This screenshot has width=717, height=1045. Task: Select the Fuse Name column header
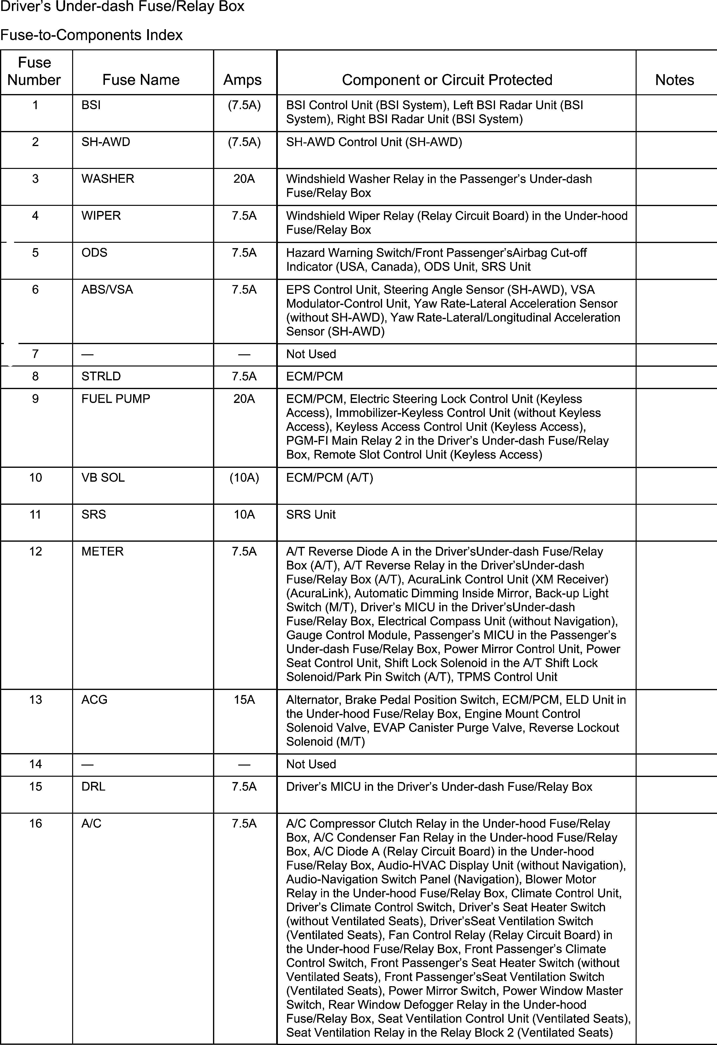tap(141, 80)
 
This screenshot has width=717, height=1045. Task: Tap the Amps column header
tap(242, 80)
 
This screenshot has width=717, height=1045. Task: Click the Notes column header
tap(674, 80)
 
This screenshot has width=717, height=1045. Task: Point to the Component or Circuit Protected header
tap(447, 80)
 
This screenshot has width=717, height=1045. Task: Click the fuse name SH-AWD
tap(106, 142)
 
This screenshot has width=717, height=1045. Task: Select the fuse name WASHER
tap(108, 179)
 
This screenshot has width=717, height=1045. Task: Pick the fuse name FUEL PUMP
tap(116, 399)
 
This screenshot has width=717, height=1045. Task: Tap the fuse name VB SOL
tap(103, 478)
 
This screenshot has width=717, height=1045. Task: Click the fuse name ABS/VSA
tap(107, 290)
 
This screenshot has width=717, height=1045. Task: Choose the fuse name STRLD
tap(101, 376)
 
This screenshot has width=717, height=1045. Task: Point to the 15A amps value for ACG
tap(244, 700)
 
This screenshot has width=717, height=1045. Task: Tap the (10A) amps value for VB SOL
tap(244, 478)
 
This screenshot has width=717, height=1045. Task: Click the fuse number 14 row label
tap(35, 764)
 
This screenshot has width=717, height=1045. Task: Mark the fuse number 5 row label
tap(35, 253)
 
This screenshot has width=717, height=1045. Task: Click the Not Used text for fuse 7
tap(311, 354)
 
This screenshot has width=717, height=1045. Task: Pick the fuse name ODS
tap(94, 253)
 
